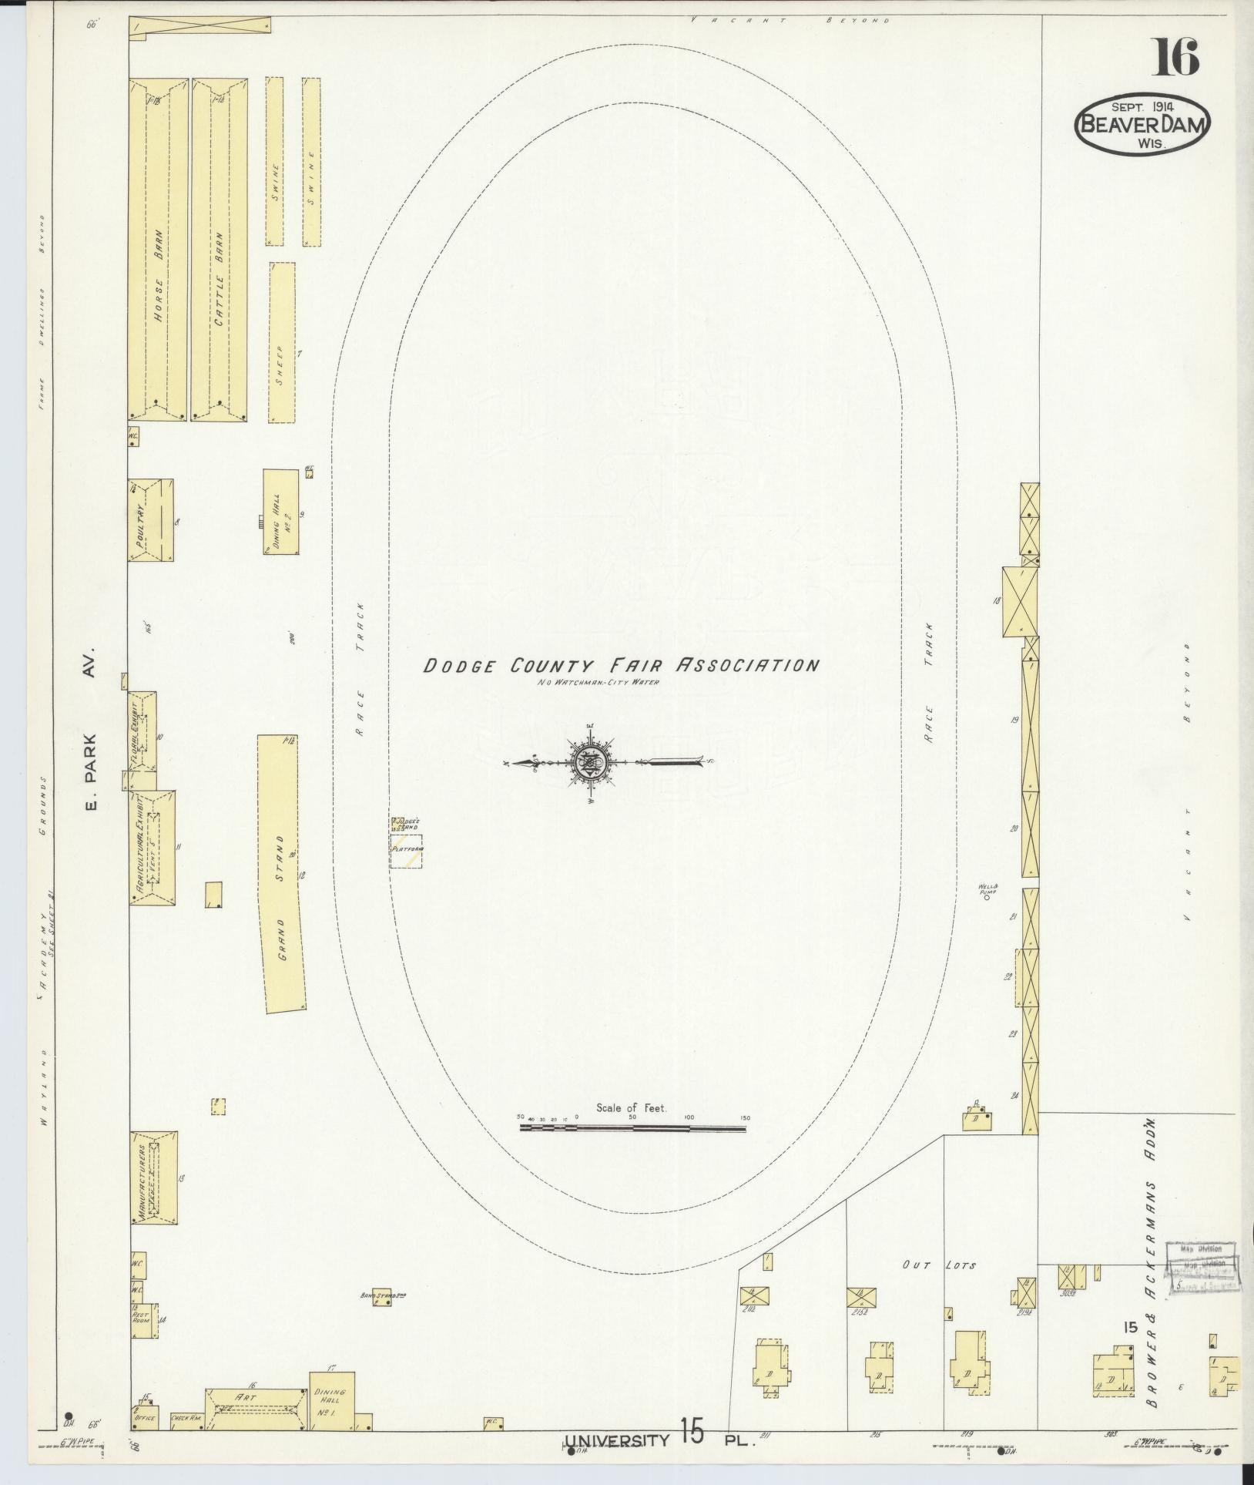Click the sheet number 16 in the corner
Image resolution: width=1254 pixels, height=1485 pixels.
1175,58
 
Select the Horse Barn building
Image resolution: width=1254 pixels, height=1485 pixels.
159,250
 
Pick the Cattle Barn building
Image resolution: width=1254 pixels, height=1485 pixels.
220,250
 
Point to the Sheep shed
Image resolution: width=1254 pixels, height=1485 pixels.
282,342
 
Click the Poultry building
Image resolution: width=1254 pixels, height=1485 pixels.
150,519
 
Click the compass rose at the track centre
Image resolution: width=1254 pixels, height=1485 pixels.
589,763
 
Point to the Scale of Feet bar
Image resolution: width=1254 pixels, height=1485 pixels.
633,1129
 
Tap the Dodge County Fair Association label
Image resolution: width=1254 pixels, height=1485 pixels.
620,665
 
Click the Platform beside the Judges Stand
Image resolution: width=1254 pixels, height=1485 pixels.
406,852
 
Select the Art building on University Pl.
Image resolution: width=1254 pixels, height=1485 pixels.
255,1412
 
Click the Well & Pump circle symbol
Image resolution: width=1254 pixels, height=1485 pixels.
987,897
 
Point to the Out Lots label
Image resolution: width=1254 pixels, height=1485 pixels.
938,1265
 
